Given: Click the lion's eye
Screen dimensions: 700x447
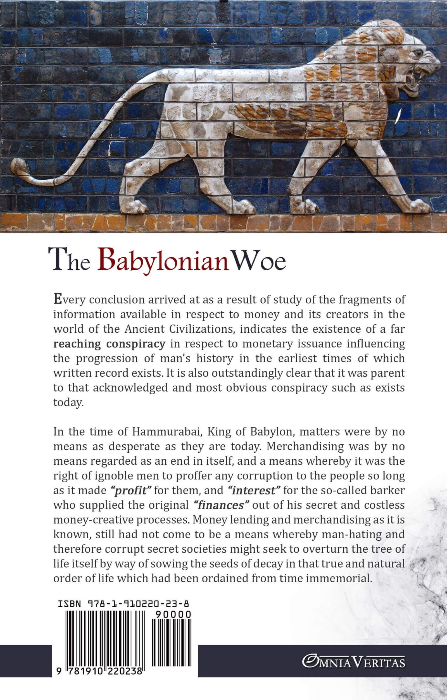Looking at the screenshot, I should [x=419, y=53].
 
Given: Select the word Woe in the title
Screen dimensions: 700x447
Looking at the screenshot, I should [x=260, y=261].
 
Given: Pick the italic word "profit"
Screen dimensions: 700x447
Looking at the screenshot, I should [x=131, y=490].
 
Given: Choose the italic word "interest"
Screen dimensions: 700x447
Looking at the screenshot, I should [x=253, y=490].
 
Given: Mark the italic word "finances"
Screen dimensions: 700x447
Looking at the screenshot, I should [x=221, y=505].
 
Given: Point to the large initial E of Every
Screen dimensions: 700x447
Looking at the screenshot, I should [x=58, y=299].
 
